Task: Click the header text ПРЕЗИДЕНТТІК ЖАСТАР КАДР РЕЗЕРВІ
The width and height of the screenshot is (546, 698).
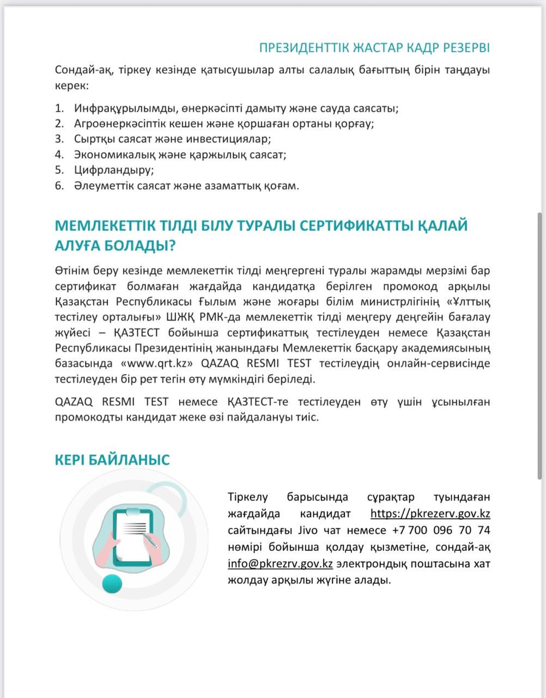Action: (x=374, y=48)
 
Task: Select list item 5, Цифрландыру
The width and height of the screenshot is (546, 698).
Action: (x=114, y=170)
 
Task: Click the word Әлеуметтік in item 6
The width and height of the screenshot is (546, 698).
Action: (x=102, y=185)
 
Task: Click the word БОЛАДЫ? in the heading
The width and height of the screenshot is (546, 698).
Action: (x=144, y=246)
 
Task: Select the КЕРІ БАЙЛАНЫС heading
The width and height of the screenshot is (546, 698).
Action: (x=112, y=460)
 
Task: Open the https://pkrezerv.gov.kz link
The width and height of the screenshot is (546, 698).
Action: (x=430, y=514)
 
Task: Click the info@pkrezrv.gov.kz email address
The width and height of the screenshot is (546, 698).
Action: (x=280, y=564)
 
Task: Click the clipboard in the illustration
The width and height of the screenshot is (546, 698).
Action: (x=134, y=534)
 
